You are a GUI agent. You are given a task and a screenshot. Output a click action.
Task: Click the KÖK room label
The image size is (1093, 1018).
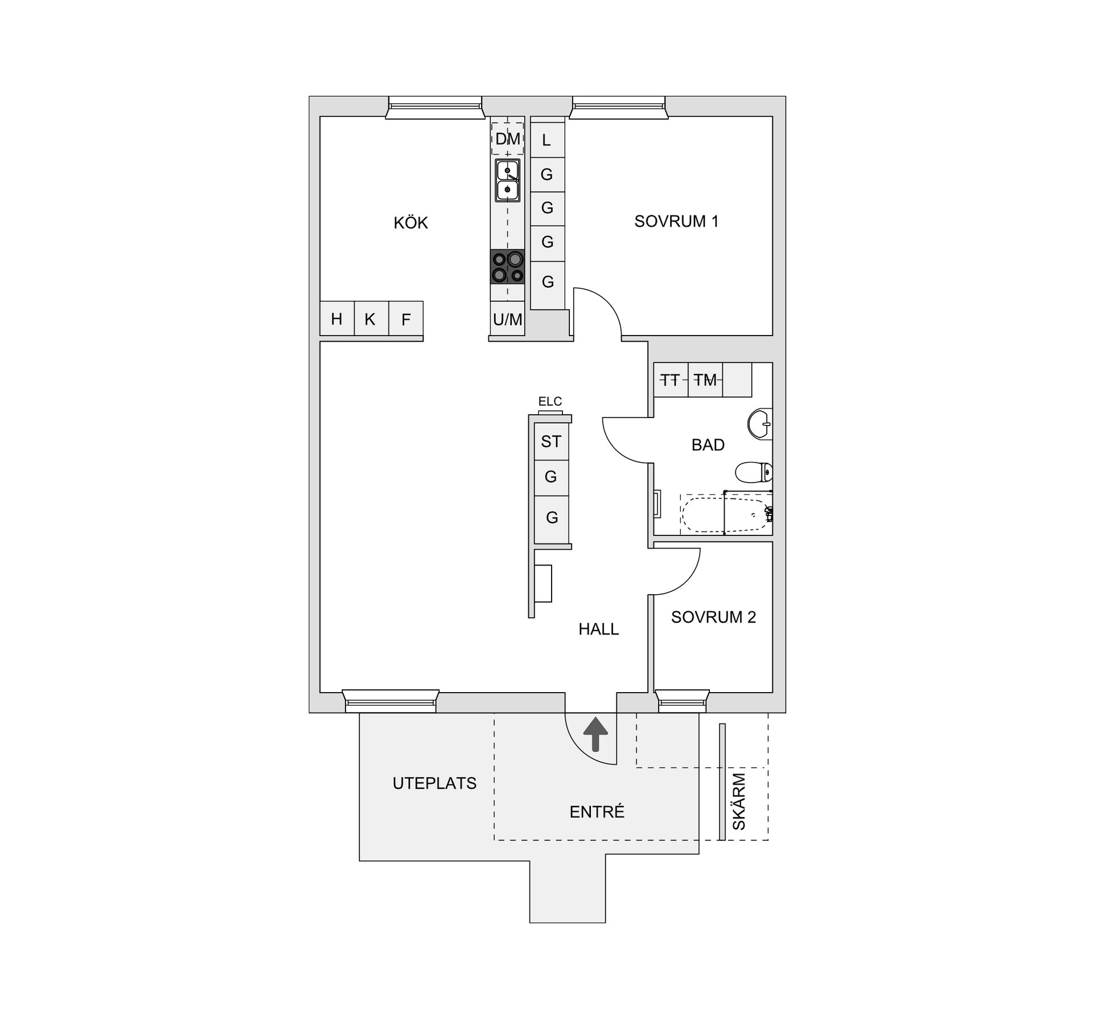410,222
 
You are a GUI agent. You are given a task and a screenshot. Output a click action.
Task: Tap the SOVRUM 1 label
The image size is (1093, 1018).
676,221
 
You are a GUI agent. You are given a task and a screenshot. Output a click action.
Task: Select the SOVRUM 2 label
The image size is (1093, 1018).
713,617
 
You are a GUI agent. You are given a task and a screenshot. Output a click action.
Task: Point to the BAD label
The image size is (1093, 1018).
708,444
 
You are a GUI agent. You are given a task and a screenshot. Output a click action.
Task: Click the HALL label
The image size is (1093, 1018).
598,629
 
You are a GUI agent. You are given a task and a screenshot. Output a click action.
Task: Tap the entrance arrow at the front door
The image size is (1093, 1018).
596,734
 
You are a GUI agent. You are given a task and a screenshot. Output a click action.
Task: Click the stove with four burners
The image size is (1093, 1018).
507,267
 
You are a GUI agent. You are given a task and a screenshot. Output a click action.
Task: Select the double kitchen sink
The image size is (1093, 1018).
507,180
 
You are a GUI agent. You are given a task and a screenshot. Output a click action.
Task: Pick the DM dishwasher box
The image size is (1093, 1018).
507,138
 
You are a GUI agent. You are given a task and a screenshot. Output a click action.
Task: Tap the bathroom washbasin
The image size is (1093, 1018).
759,424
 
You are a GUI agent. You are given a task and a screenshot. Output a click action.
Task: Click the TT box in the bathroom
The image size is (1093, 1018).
671,379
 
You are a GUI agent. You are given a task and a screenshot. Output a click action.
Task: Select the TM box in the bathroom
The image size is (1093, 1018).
705,379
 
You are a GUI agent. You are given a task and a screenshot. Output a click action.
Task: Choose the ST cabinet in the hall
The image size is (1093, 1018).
551,441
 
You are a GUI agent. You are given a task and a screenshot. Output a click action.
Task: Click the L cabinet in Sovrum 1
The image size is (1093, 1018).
547,140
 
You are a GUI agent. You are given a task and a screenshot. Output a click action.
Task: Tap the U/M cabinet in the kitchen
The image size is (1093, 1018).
507,319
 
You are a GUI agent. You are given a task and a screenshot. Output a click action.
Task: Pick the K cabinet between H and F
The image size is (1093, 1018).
371,318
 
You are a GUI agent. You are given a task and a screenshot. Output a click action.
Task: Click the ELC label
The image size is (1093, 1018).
550,402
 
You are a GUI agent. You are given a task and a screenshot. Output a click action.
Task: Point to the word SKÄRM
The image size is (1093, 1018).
739,801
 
